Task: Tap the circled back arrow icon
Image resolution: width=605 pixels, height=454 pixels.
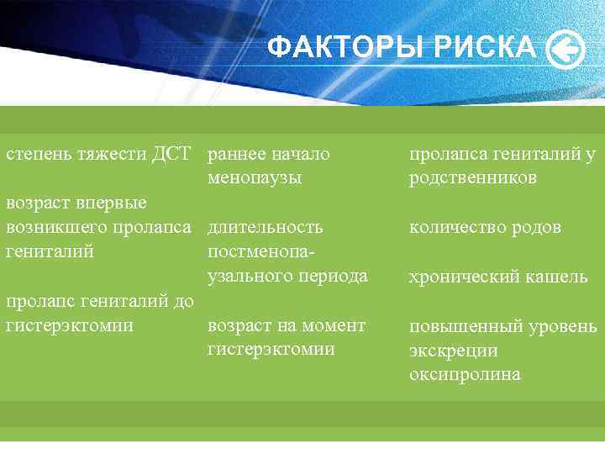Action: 566,50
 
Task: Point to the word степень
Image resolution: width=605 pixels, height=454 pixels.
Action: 39,154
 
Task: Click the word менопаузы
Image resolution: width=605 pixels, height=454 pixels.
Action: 255,178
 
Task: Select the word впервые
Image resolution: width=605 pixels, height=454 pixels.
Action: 113,203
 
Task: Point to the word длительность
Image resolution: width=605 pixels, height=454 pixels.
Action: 265,227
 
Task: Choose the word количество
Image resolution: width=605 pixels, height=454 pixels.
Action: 453,227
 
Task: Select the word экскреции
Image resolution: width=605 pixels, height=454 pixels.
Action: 453,351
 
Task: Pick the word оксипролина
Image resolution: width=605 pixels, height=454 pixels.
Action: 465,375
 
